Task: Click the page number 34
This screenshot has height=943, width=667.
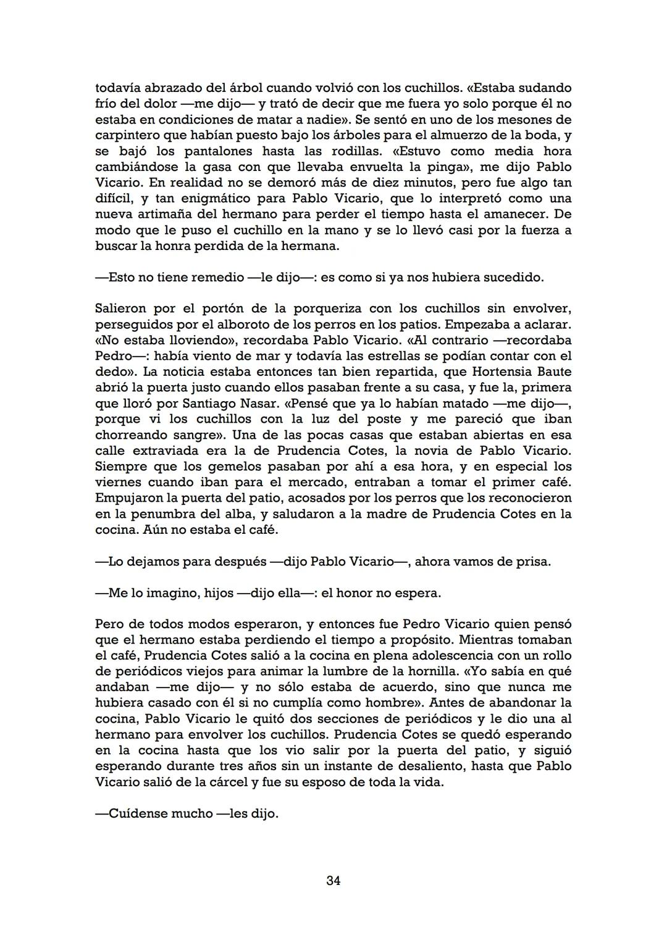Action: pos(333,881)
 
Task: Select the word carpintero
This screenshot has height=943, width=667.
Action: pos(125,136)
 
